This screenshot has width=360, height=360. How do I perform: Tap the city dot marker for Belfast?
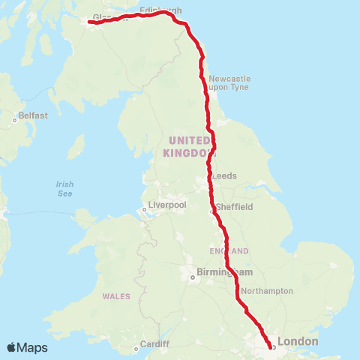14,119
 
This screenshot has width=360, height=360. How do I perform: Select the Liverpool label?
166,204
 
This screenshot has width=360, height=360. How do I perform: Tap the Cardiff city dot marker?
136,347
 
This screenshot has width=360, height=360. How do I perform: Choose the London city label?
298,342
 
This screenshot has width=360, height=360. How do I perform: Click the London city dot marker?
271,346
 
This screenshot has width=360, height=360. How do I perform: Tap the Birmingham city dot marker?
192,277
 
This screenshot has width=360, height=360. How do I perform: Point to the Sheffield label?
234,206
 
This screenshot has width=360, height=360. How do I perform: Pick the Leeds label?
225,175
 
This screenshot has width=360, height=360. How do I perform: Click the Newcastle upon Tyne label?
229,83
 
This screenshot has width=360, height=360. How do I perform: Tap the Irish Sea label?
65,189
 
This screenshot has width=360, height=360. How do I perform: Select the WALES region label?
116,297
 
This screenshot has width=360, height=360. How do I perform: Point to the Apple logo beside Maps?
12,347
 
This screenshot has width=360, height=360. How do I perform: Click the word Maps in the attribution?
33,347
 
